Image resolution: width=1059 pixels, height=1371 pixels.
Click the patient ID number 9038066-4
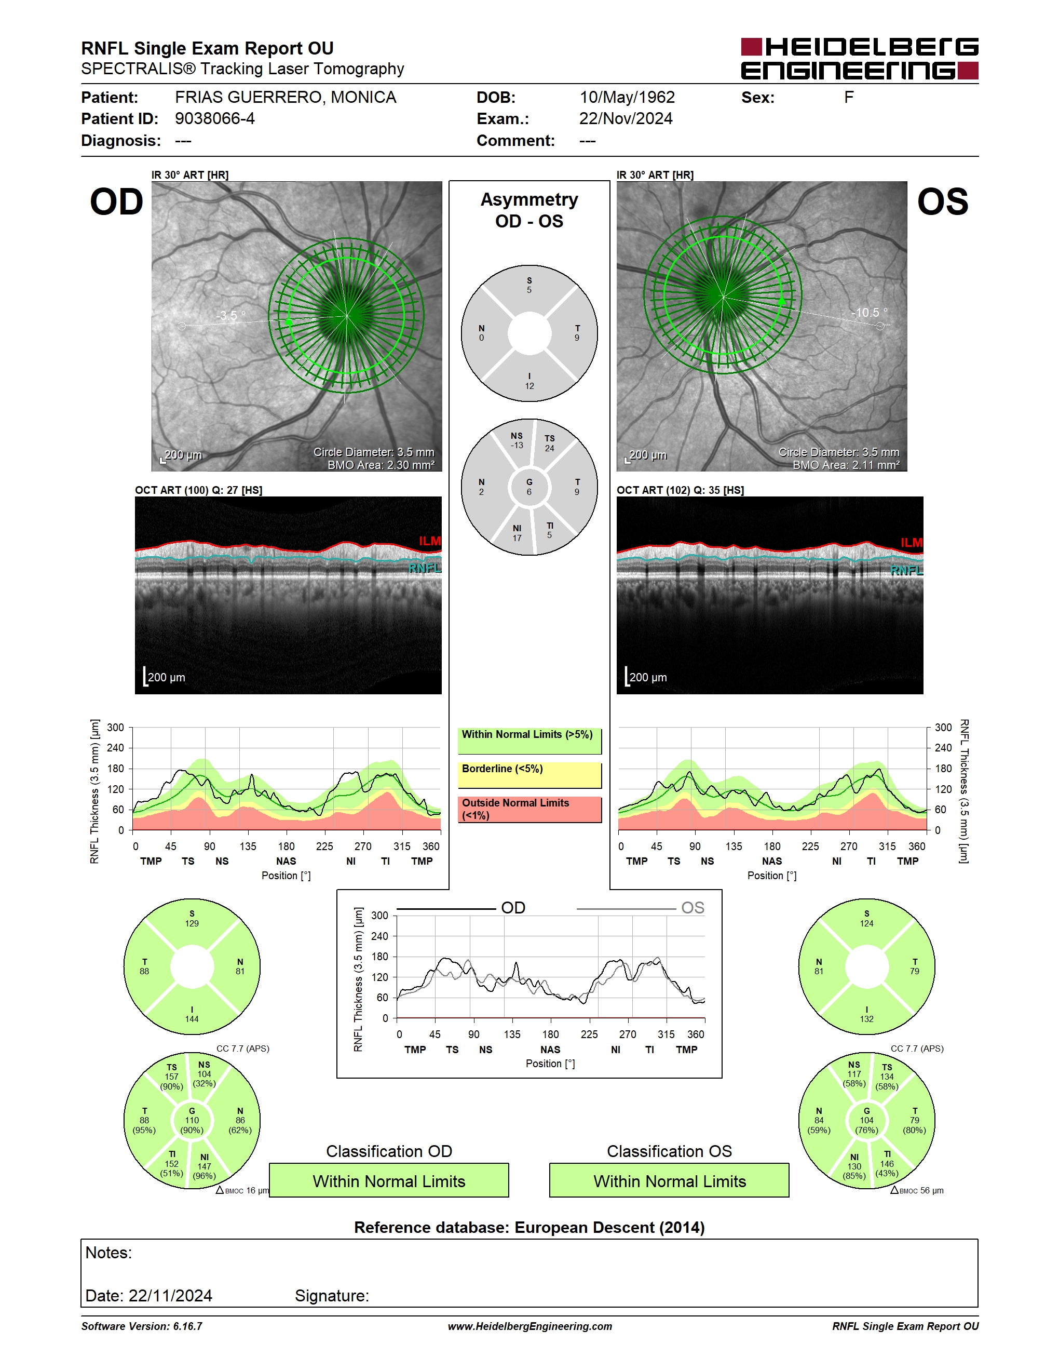[x=214, y=118]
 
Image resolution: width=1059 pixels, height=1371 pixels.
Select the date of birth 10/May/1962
[x=627, y=97]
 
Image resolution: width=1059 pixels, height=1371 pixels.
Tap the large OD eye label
[x=117, y=202]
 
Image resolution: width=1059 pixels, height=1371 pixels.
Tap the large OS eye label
[x=942, y=202]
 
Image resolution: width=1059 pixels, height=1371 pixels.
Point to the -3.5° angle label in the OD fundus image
[x=231, y=315]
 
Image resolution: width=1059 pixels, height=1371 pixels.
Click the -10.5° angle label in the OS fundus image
[x=869, y=312]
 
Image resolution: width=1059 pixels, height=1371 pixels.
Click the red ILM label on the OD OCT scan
[x=430, y=541]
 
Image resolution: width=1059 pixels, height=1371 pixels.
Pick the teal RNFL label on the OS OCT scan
[x=906, y=570]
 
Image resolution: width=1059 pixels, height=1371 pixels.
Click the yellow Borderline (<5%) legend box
[x=529, y=775]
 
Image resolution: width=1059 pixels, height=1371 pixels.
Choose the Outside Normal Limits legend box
[x=529, y=810]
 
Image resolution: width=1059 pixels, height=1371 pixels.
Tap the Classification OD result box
[x=389, y=1180]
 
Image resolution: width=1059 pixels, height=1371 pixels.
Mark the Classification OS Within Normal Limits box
[x=670, y=1180]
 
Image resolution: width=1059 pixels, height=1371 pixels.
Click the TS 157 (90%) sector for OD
[x=171, y=1077]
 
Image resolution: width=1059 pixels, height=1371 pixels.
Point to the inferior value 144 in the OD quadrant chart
[x=192, y=1019]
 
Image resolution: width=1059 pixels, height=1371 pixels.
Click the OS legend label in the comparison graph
[x=693, y=908]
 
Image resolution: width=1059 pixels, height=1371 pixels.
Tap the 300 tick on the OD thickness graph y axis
[x=115, y=728]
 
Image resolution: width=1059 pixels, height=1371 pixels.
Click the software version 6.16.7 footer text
[x=142, y=1326]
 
